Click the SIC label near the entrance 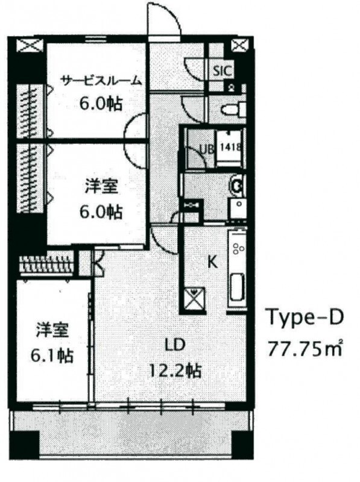(x=221, y=70)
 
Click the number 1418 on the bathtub (x=229, y=146)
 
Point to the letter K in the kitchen (x=212, y=262)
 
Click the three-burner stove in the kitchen (x=238, y=248)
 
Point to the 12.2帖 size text (x=175, y=368)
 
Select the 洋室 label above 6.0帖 (x=101, y=188)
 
